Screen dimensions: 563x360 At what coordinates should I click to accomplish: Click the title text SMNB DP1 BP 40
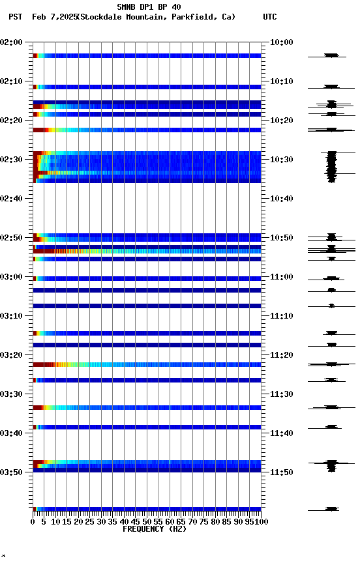pyautogui.click(x=149, y=7)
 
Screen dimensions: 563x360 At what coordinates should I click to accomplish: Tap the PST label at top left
pyautogui.click(x=15, y=17)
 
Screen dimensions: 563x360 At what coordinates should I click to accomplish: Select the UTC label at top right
pyautogui.click(x=269, y=17)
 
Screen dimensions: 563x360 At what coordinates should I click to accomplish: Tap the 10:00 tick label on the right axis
pyautogui.click(x=281, y=42)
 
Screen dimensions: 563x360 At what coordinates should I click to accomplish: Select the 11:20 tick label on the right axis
pyautogui.click(x=281, y=355)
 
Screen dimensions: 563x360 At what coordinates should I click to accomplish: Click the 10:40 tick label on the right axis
pyautogui.click(x=281, y=199)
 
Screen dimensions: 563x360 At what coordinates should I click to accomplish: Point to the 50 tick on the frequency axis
pyautogui.click(x=147, y=521)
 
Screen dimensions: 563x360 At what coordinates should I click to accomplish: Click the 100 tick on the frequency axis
pyautogui.click(x=260, y=521)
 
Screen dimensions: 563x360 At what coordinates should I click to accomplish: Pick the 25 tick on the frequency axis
pyautogui.click(x=90, y=521)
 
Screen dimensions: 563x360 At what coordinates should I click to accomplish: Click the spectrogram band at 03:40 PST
pyautogui.click(x=147, y=427)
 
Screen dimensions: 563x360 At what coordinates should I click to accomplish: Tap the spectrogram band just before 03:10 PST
pyautogui.click(x=147, y=306)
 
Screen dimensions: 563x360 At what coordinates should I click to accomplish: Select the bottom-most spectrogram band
pyautogui.click(x=147, y=509)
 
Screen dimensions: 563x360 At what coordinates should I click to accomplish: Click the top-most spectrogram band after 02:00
pyautogui.click(x=147, y=56)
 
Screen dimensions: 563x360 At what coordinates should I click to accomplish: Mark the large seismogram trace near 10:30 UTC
pyautogui.click(x=331, y=166)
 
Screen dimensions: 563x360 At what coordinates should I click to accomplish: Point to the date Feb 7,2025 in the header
pyautogui.click(x=53, y=17)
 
